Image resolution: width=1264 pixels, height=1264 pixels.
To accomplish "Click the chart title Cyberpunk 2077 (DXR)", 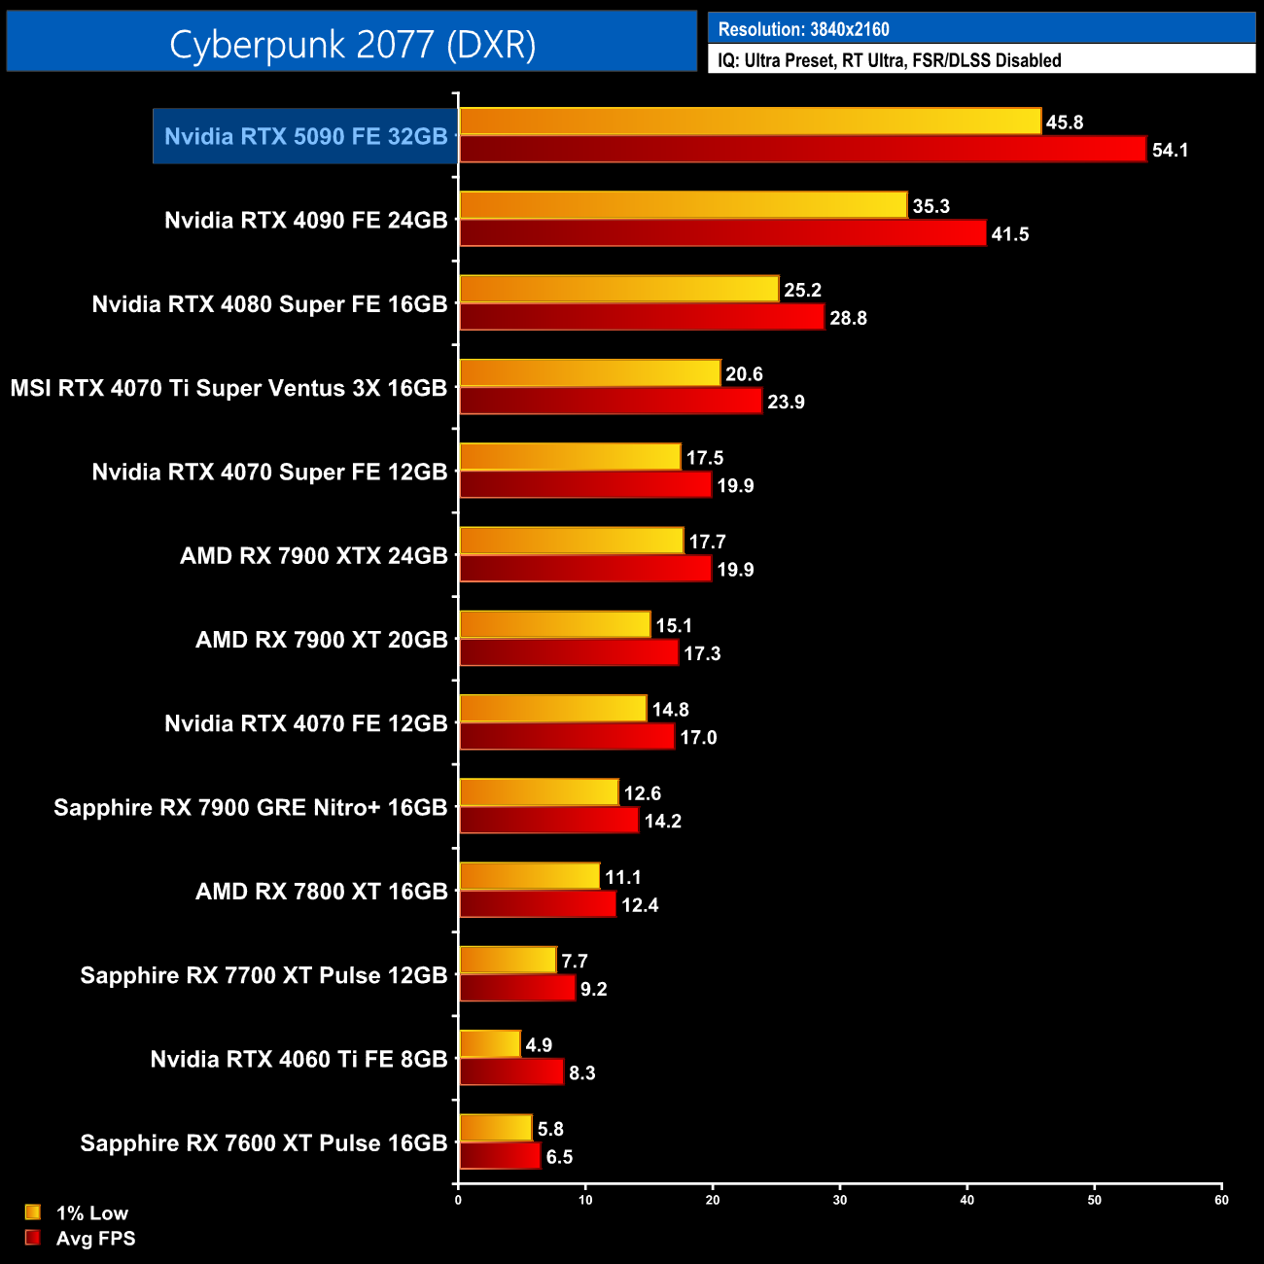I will coord(352,45).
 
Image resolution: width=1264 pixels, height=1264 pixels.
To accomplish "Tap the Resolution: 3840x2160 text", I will coord(803,29).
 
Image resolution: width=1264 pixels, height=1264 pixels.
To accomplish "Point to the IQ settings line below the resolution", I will coord(889,60).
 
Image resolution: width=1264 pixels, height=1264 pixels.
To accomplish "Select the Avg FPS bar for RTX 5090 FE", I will coord(802,150).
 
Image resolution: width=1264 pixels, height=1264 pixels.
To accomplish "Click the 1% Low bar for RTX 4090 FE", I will coord(683,205).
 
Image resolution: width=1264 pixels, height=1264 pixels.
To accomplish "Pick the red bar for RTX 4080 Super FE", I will coord(642,317).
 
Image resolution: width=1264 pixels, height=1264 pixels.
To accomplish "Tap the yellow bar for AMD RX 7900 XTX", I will coord(572,541).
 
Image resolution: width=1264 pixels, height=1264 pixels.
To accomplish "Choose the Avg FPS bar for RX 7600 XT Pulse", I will coord(500,1156).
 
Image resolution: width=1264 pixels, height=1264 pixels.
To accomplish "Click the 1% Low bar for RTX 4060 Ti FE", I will coord(490,1044).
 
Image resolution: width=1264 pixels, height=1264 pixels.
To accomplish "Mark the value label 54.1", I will coord(1170,151).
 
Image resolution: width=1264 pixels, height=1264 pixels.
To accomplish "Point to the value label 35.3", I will coord(930,206).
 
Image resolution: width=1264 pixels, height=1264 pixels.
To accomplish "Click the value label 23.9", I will coord(786,403).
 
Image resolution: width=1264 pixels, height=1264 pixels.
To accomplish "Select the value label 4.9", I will coord(539,1045).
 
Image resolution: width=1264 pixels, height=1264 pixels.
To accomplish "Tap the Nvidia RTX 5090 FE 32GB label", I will coord(305,136).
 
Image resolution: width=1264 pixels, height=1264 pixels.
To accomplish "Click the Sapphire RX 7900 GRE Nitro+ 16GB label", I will coord(250,808).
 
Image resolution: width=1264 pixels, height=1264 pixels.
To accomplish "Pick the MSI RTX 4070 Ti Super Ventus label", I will coord(228,388).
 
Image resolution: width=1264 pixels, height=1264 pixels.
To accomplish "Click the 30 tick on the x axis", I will coord(840,1200).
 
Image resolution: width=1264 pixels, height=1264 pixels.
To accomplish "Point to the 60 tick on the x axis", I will coord(1221,1200).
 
